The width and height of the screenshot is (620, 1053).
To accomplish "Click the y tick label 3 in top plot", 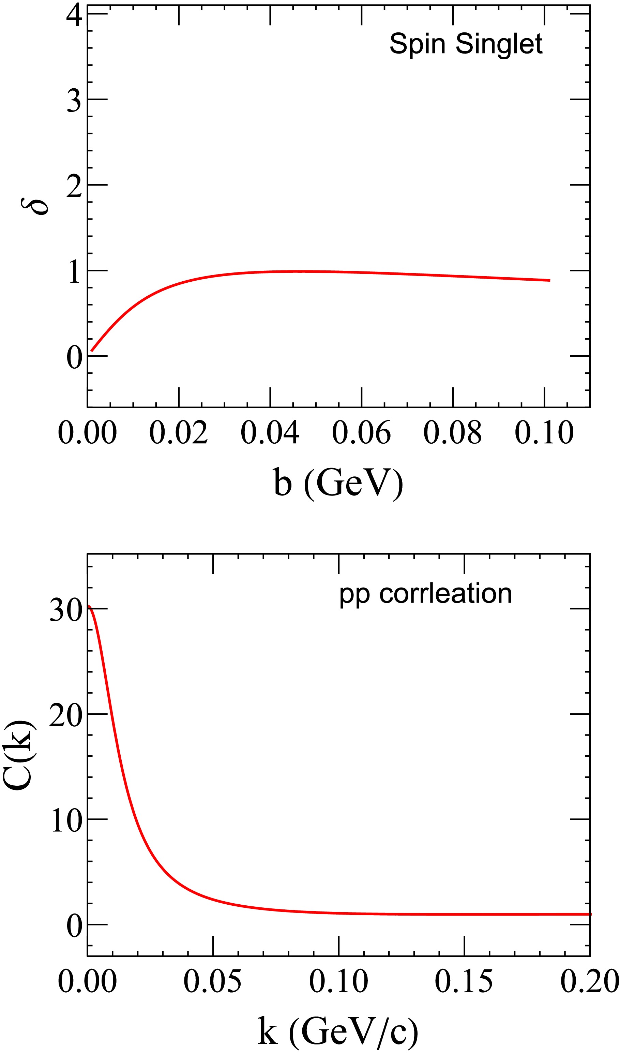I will point(74,100).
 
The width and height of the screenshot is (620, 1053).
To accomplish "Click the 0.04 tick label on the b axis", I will point(270,433).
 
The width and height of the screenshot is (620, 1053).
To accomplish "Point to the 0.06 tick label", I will point(361,433).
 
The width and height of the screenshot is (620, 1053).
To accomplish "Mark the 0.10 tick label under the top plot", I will point(544,433).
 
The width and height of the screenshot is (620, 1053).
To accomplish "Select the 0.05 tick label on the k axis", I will point(213,981).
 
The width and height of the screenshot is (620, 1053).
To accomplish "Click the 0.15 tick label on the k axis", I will point(464,981).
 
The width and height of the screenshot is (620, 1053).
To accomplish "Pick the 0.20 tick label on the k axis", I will point(589,981).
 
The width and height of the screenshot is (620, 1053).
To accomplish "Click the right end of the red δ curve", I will point(549,280).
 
